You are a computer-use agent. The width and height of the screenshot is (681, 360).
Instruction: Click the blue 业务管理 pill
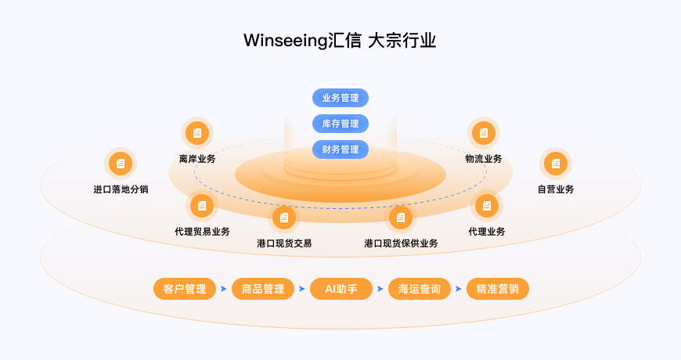tap(340, 98)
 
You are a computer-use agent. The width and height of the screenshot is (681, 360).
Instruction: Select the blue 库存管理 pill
tap(340, 124)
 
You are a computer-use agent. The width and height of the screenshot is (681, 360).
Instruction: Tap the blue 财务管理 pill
tap(340, 149)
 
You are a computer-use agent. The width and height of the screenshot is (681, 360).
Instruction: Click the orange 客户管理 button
tap(185, 289)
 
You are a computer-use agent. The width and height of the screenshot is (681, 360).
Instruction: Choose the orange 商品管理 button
tap(263, 289)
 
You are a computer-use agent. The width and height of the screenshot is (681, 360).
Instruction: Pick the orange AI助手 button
tap(340, 289)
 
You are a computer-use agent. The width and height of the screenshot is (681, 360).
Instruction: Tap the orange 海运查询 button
tap(420, 289)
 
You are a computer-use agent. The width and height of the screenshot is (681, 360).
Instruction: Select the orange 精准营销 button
tap(498, 289)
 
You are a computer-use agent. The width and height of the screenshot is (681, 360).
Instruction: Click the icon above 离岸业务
tap(197, 133)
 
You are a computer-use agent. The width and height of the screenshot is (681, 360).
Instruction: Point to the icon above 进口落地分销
tap(121, 164)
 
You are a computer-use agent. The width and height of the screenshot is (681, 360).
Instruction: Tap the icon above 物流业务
tap(484, 133)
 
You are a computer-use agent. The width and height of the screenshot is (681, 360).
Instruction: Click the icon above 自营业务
tap(556, 164)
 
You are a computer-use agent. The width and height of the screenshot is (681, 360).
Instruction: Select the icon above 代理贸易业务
tap(202, 206)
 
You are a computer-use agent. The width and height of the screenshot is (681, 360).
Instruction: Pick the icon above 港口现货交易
tap(284, 217)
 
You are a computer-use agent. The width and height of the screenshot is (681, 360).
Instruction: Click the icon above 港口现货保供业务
tap(401, 217)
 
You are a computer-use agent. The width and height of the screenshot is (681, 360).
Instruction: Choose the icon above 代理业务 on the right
tap(487, 206)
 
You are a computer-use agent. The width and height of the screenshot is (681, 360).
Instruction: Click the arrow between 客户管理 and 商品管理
tap(224, 289)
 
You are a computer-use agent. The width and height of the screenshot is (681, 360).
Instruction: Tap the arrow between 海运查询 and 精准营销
tap(459, 289)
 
